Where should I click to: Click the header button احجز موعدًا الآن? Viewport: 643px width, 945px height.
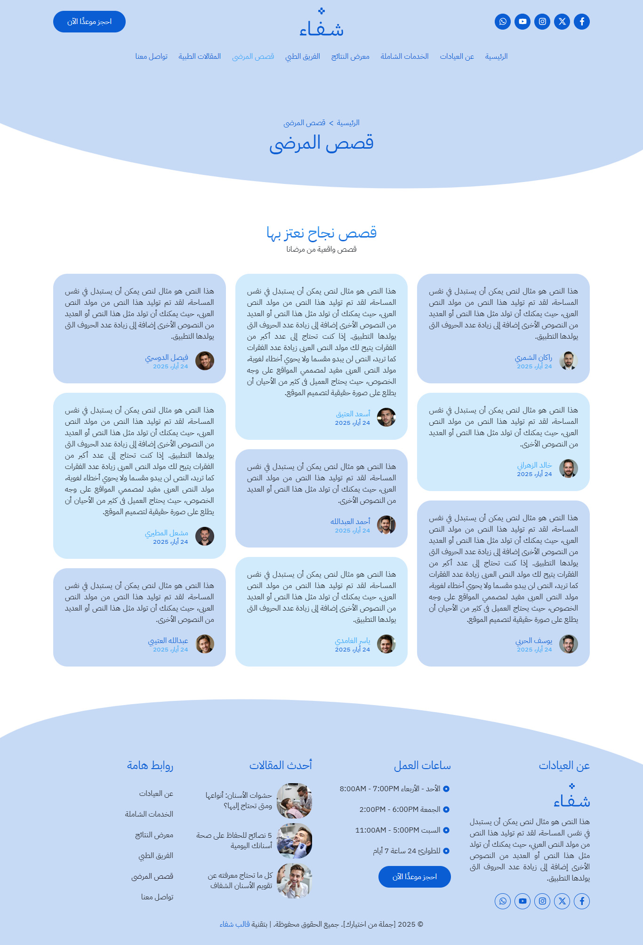pyautogui.click(x=89, y=22)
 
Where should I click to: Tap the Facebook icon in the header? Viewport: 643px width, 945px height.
pyautogui.click(x=582, y=22)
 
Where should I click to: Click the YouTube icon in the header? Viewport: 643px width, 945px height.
pyautogui.click(x=522, y=22)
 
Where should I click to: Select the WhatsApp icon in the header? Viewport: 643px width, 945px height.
pyautogui.click(x=503, y=22)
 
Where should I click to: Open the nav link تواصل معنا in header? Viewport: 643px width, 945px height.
pyautogui.click(x=152, y=56)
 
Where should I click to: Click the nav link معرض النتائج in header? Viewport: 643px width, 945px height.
pyautogui.click(x=350, y=56)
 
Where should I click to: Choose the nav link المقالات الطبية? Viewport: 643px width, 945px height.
pyautogui.click(x=200, y=56)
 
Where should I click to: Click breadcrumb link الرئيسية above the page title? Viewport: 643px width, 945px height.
pyautogui.click(x=348, y=123)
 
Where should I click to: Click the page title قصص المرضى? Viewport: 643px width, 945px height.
pyautogui.click(x=321, y=143)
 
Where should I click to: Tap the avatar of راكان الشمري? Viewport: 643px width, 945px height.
pyautogui.click(x=569, y=361)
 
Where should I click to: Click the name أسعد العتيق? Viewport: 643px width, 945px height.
pyautogui.click(x=353, y=414)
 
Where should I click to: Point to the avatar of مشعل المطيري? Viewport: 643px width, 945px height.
pyautogui.click(x=205, y=536)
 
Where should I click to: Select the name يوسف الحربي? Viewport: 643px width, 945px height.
pyautogui.click(x=534, y=641)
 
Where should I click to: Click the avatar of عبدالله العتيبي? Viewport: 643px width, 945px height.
pyautogui.click(x=205, y=644)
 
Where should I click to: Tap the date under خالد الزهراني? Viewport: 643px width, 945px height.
pyautogui.click(x=534, y=474)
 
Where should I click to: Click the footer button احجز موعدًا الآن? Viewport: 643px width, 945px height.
pyautogui.click(x=415, y=877)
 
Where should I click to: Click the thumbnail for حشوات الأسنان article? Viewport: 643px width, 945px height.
pyautogui.click(x=294, y=801)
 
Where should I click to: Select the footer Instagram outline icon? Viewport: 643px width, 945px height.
pyautogui.click(x=542, y=901)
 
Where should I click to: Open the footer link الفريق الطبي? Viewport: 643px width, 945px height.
pyautogui.click(x=156, y=856)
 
